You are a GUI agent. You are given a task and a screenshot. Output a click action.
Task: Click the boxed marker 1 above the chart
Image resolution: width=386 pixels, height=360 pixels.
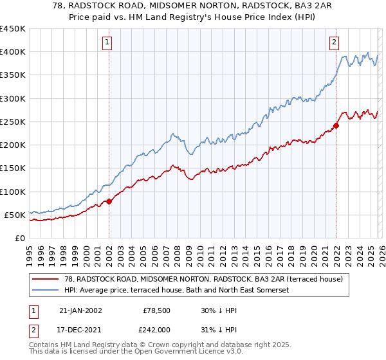pyautogui.click(x=107, y=43)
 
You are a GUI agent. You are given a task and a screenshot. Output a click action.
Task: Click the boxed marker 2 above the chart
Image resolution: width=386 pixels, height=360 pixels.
pyautogui.click(x=335, y=43)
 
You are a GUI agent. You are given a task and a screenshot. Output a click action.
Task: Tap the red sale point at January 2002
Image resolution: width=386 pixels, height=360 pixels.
pyautogui.click(x=109, y=201)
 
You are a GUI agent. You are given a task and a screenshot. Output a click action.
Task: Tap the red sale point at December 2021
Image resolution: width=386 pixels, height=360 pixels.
pyautogui.click(x=336, y=125)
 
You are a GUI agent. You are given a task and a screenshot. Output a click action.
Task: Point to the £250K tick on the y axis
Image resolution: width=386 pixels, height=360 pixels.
pyautogui.click(x=13, y=122)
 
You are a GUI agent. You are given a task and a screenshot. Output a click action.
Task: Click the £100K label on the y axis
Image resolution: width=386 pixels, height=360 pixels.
pyautogui.click(x=13, y=192)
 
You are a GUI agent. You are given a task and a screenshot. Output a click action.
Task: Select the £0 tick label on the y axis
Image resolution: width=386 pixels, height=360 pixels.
pyautogui.click(x=19, y=238)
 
